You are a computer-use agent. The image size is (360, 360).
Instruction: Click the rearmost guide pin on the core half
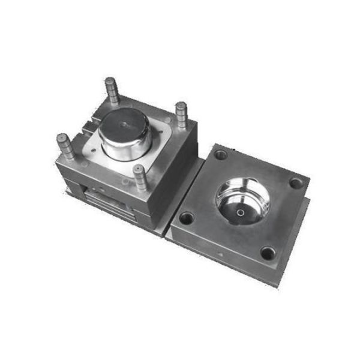pyautogui.click(x=112, y=88)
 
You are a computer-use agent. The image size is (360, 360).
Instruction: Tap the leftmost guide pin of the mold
pyautogui.click(x=65, y=146)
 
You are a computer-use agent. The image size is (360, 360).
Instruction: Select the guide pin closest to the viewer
pyautogui.click(x=140, y=176)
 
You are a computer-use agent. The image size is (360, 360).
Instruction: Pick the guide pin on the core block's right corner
pyautogui.click(x=181, y=114)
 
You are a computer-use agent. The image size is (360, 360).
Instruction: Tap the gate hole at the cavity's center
pyautogui.click(x=240, y=212)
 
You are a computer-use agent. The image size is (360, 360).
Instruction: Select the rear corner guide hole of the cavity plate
pyautogui.click(x=221, y=155)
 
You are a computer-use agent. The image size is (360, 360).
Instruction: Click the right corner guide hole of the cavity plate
pyautogui.click(x=296, y=182)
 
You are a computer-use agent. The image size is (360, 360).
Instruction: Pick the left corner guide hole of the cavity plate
pyautogui.click(x=187, y=218)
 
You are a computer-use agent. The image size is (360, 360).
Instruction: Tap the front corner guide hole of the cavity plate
pyautogui.click(x=268, y=253)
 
